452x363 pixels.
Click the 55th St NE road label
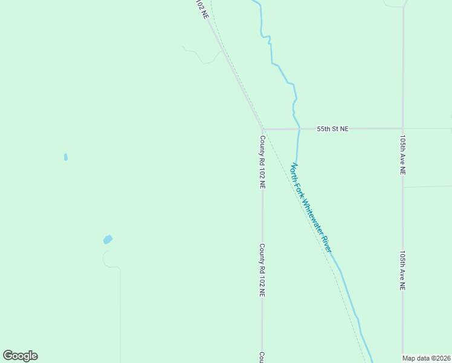(333, 129)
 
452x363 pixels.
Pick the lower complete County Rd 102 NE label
(262, 270)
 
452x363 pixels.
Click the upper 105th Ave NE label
(402, 155)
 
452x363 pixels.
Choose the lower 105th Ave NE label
(402, 271)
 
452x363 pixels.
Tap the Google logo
(20, 356)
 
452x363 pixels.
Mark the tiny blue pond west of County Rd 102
(65, 157)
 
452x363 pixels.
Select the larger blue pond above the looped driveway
(108, 240)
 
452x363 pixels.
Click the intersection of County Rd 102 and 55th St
(263, 129)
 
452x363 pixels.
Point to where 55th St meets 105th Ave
(403, 129)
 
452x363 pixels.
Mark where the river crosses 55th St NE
(299, 129)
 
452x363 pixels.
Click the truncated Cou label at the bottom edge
(262, 357)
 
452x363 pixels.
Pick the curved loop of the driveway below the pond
(106, 258)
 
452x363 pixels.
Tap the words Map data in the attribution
(416, 358)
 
